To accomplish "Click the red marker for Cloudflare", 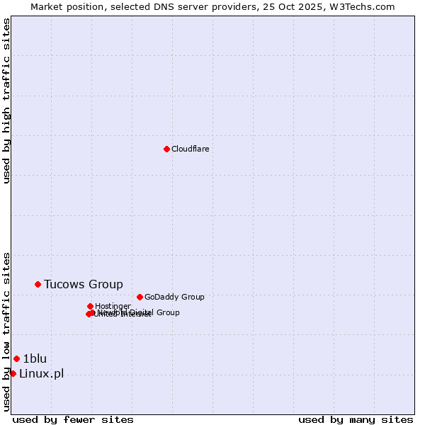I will [x=166, y=149].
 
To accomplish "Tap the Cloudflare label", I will [x=190, y=149].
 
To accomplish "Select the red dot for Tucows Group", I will [x=38, y=284].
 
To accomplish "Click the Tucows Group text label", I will [x=83, y=284].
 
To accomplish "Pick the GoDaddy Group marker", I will [x=140, y=297].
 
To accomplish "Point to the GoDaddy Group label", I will [x=174, y=297].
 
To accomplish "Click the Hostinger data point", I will [x=90, y=306].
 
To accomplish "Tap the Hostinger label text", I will [x=113, y=306].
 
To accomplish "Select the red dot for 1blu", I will [x=16, y=358].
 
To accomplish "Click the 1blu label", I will [x=35, y=358].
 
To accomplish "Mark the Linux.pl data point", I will [x=13, y=373].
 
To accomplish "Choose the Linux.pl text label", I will [x=41, y=373].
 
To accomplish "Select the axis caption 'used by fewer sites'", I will [x=73, y=419].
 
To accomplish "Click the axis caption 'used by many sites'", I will [x=356, y=419].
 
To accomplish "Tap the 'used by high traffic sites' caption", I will [x=6, y=101].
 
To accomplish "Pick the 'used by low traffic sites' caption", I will [x=6, y=331].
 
